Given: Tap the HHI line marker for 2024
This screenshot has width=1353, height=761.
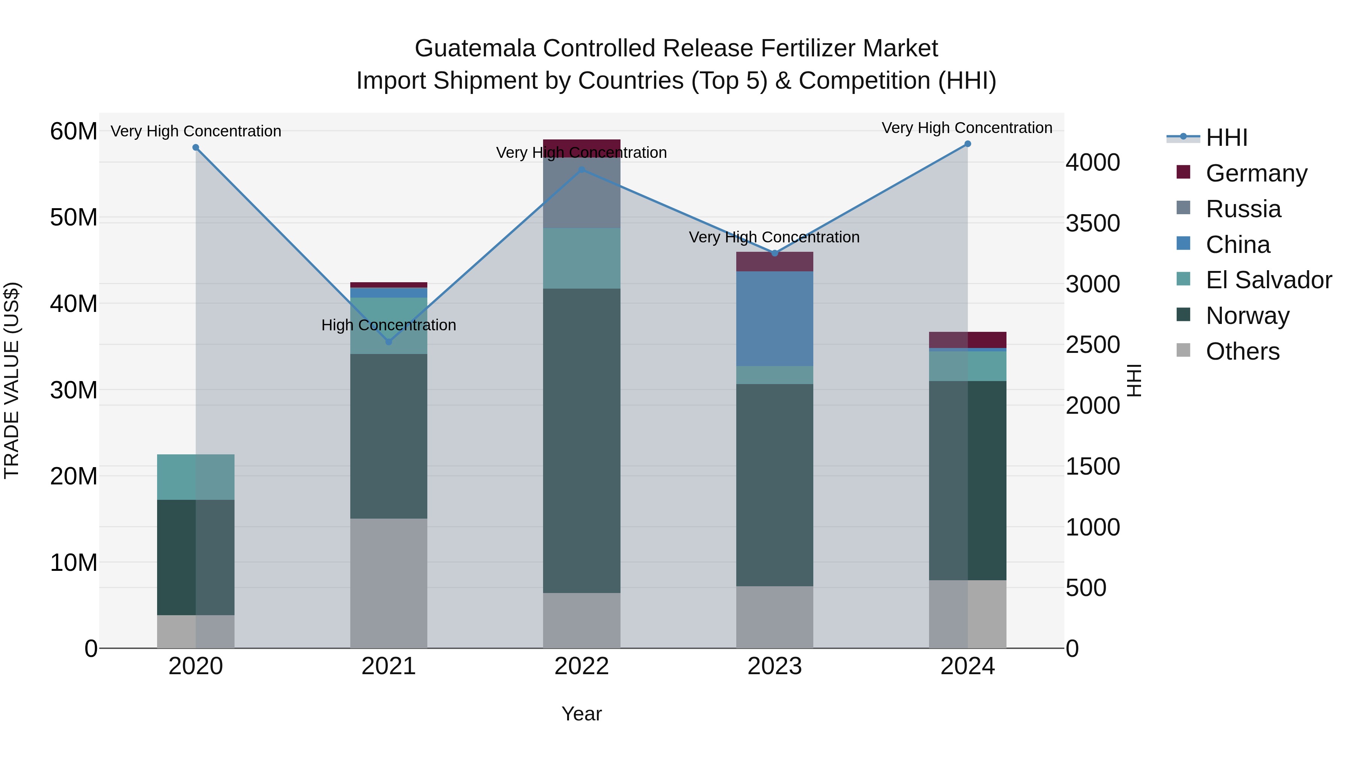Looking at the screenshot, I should point(967,144).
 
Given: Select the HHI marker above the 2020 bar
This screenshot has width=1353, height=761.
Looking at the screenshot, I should point(196,148).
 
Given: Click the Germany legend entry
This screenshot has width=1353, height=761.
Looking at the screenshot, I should point(1255,173).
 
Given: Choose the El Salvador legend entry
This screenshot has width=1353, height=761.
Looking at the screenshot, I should point(1268,280).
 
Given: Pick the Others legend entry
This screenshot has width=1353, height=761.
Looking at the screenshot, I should point(1242,351).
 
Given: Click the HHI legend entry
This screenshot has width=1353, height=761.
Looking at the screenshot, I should point(1226,138).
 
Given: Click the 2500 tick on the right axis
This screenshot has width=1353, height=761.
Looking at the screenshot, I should point(1093,345).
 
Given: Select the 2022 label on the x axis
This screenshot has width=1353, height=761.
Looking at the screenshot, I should point(581,666).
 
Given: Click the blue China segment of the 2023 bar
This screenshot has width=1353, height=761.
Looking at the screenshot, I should point(775,319).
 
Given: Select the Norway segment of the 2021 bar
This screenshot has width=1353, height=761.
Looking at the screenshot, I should point(389,436).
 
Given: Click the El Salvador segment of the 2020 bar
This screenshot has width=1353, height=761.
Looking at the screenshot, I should point(196,477).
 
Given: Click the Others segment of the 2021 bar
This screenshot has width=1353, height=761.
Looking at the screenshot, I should point(389,583).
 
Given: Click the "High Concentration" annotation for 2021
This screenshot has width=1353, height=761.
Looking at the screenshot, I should point(389,325).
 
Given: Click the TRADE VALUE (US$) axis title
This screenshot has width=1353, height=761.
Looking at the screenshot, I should point(12,380).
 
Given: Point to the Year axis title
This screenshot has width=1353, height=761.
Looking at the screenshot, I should point(581,714).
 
